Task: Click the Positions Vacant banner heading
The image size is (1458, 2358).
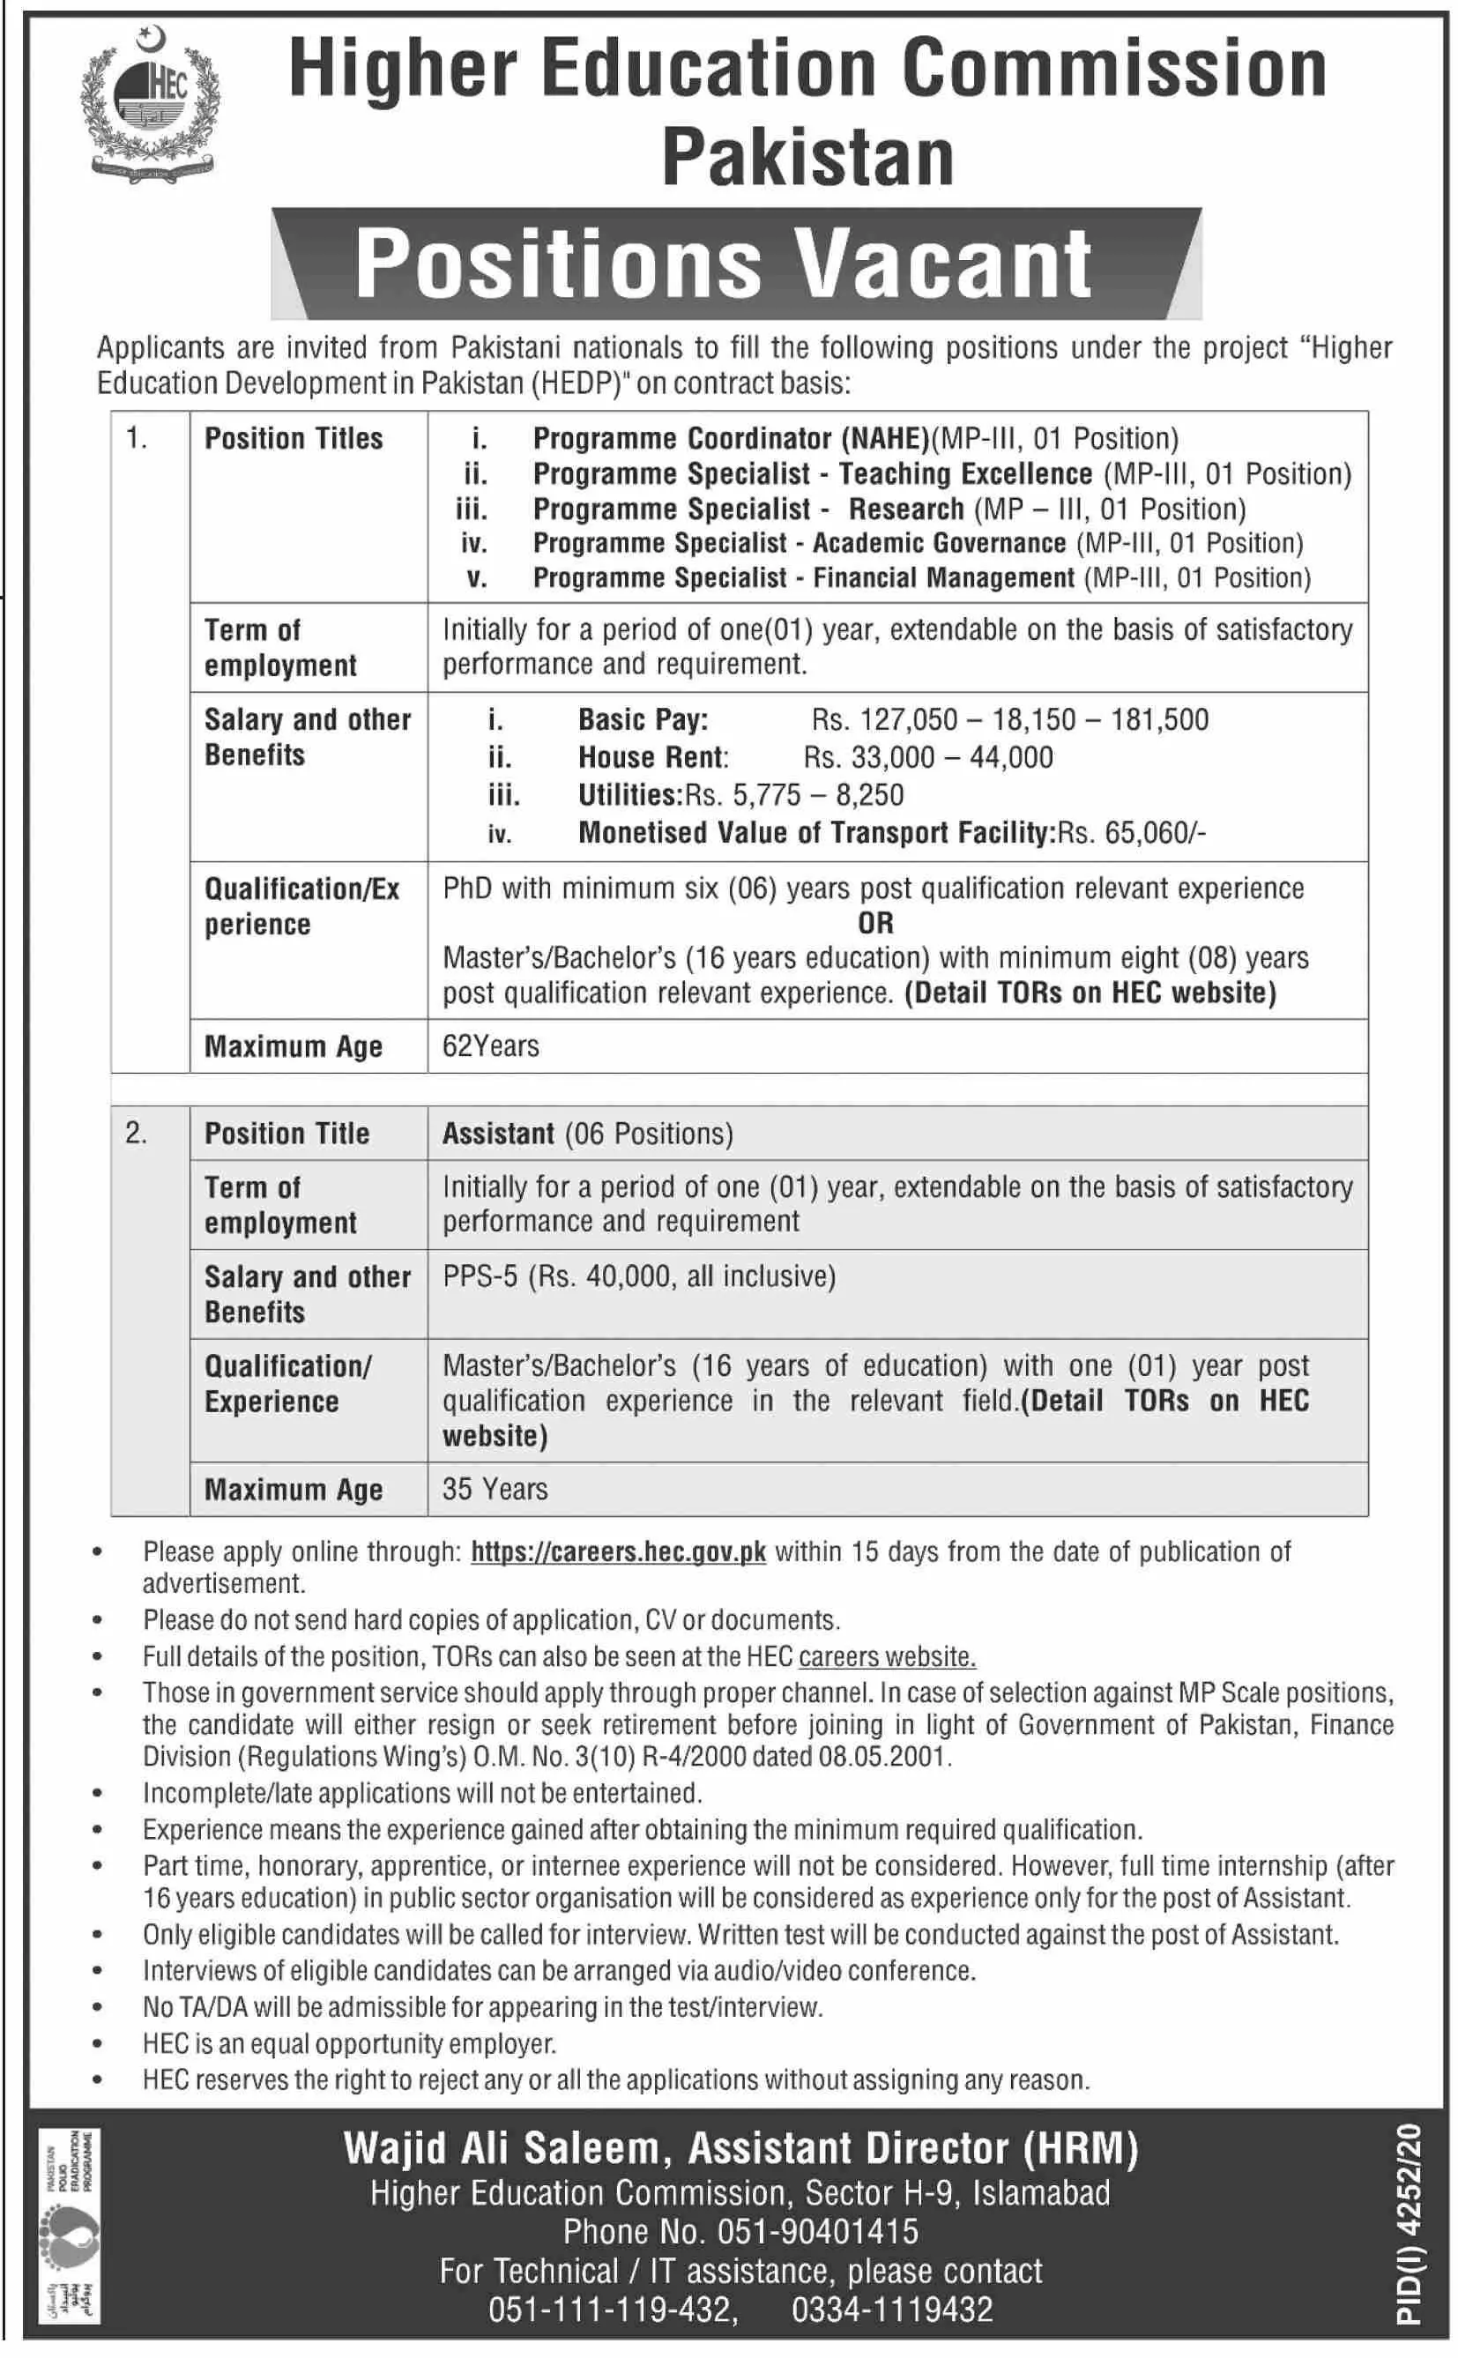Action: click(723, 264)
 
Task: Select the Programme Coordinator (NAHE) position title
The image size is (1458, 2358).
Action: click(730, 440)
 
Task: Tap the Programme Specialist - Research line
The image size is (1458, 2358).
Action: click(889, 509)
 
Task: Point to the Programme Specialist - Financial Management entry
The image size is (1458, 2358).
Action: click(921, 578)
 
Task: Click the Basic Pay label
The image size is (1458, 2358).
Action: click(643, 720)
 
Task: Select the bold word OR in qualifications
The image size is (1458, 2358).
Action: click(875, 924)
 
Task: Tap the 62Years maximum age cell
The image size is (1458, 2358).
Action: click(491, 1046)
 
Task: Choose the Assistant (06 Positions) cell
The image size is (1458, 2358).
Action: click(587, 1134)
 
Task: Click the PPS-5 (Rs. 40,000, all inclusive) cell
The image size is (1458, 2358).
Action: click(638, 1276)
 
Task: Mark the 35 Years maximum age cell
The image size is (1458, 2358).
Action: click(495, 1490)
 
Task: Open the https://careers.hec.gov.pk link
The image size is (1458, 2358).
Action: click(618, 1552)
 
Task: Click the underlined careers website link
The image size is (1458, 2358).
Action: click(887, 1657)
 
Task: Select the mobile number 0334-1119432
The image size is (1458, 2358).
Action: click(892, 2310)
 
